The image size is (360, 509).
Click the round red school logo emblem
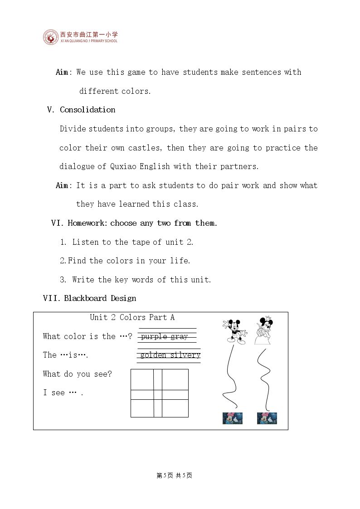pyautogui.click(x=51, y=37)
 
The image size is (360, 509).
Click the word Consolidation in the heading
pyautogui.click(x=88, y=110)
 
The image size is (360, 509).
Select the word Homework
pyautogui.click(x=86, y=223)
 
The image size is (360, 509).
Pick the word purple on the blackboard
pyautogui.click(x=154, y=337)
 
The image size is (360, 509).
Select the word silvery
pyautogui.click(x=185, y=355)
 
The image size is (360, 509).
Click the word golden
pyautogui.click(x=153, y=355)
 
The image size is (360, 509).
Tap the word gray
pyautogui.click(x=179, y=337)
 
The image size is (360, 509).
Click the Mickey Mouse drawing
pyautogui.click(x=235, y=331)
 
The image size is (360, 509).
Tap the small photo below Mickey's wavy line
pyautogui.click(x=233, y=418)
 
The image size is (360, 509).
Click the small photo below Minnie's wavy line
pyautogui.click(x=267, y=418)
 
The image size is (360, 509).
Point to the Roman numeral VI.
pyautogui.click(x=57, y=223)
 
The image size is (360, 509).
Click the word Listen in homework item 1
pyautogui.click(x=85, y=242)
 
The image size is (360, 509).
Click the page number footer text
pyautogui.click(x=174, y=475)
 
